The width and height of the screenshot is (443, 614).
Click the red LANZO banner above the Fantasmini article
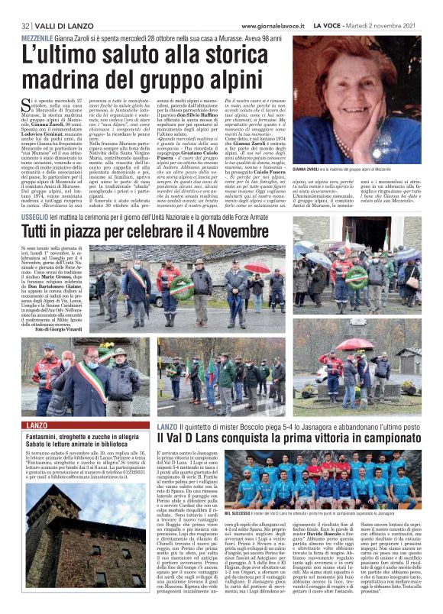(37, 425)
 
